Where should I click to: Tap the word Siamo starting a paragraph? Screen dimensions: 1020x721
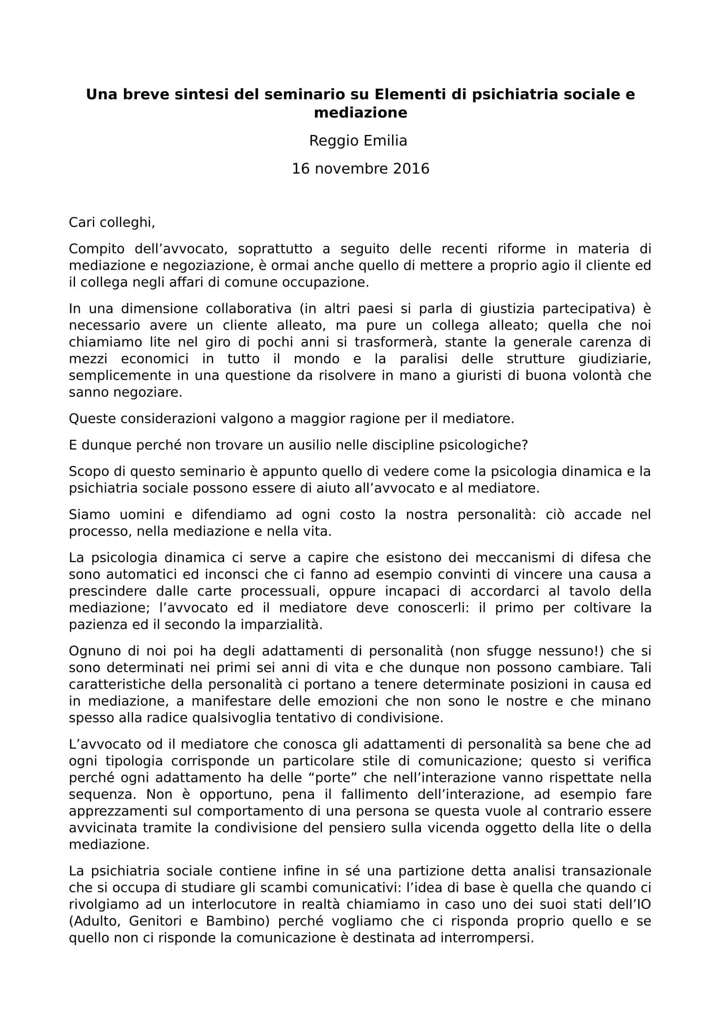tap(89, 515)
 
